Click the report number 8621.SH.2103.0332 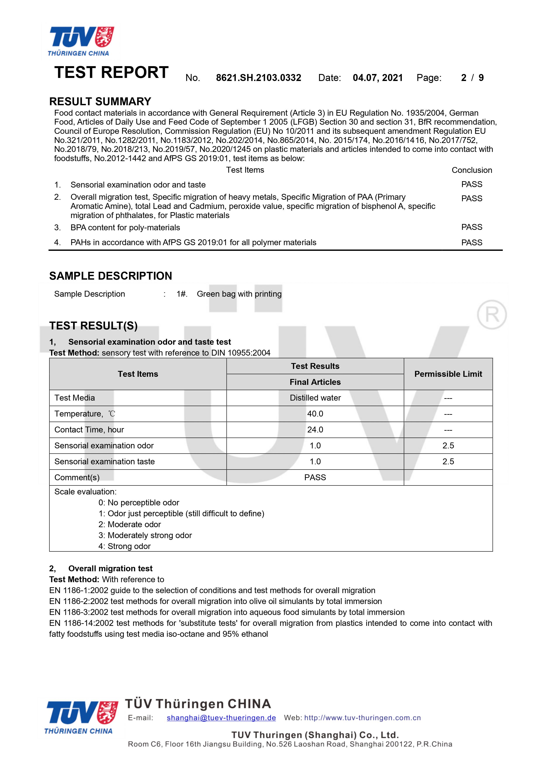point(258,78)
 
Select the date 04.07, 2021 point(378,78)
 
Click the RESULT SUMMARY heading point(100,102)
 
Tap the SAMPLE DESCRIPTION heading point(111,276)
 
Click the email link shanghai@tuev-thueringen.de point(221,718)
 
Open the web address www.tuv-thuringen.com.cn point(362,718)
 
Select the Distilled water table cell point(315,398)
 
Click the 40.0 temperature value point(315,414)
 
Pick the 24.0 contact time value point(315,430)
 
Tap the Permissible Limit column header point(448,374)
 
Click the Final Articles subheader point(315,382)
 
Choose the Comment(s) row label point(77,477)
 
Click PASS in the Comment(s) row point(315,477)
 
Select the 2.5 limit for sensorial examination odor point(448,446)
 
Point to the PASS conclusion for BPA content point(471,227)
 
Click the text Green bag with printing point(239,294)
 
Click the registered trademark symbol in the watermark point(492,315)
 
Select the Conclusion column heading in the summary point(471,170)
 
